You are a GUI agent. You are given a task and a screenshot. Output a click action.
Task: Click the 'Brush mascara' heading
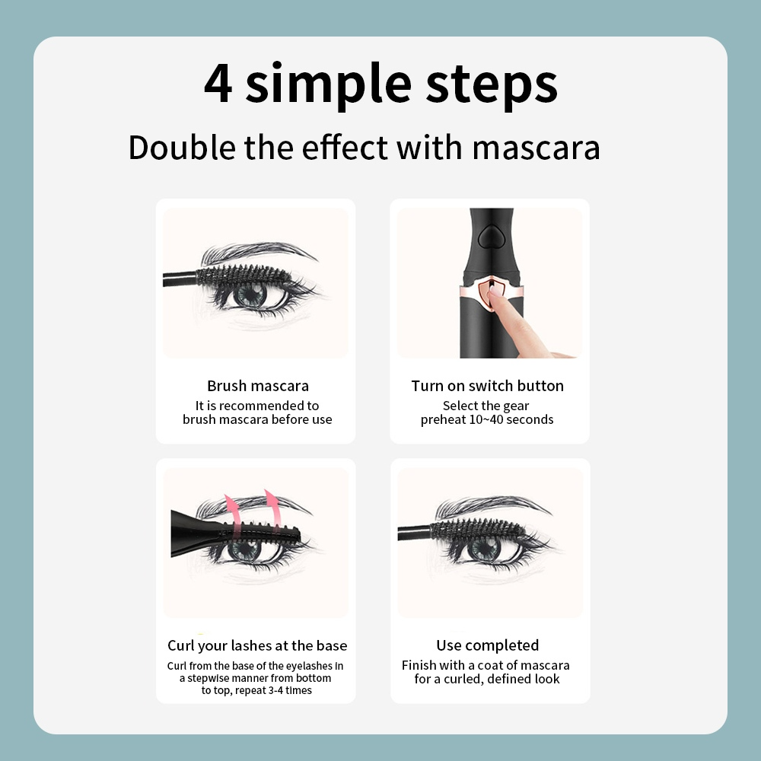coord(258,386)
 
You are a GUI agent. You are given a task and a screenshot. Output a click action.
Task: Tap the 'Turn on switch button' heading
coord(488,386)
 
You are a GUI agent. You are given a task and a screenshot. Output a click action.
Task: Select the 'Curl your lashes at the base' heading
coord(257,645)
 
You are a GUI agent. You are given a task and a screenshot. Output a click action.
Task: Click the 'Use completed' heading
coord(488,645)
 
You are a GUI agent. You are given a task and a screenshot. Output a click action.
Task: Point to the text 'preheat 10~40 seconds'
coord(487,419)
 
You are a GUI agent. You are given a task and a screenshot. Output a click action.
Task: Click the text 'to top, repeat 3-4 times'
coord(256,690)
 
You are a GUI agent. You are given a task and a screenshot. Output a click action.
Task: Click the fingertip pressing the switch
coord(495,292)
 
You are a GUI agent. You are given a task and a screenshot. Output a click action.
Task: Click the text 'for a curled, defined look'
coord(487,679)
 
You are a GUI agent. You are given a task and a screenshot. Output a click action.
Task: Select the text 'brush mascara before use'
coord(257,419)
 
